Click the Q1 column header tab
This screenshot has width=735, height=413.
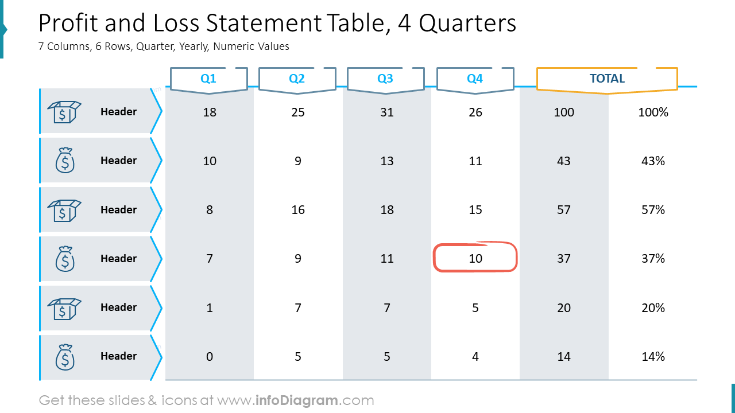(208, 79)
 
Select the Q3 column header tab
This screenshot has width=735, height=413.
(385, 79)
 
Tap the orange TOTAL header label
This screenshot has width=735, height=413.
(607, 79)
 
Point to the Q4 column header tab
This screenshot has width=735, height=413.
(475, 79)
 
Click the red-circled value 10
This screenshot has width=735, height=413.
(475, 258)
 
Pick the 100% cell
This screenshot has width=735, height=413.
(653, 112)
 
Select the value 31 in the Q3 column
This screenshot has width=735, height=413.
(387, 112)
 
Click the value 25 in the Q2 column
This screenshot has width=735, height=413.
(298, 112)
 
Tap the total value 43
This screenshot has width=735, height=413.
(564, 161)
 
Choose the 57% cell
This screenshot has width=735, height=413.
(653, 210)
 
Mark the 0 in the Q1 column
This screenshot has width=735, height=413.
(210, 356)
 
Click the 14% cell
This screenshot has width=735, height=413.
(653, 356)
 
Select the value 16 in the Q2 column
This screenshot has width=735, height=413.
(298, 210)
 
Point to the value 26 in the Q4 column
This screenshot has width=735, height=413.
(475, 112)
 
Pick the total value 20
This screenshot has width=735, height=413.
(564, 307)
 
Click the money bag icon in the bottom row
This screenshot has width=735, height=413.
(65, 357)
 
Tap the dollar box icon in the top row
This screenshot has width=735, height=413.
(64, 112)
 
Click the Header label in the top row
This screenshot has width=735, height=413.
(118, 112)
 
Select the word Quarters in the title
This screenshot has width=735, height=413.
(467, 24)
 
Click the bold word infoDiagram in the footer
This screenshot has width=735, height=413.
(296, 400)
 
